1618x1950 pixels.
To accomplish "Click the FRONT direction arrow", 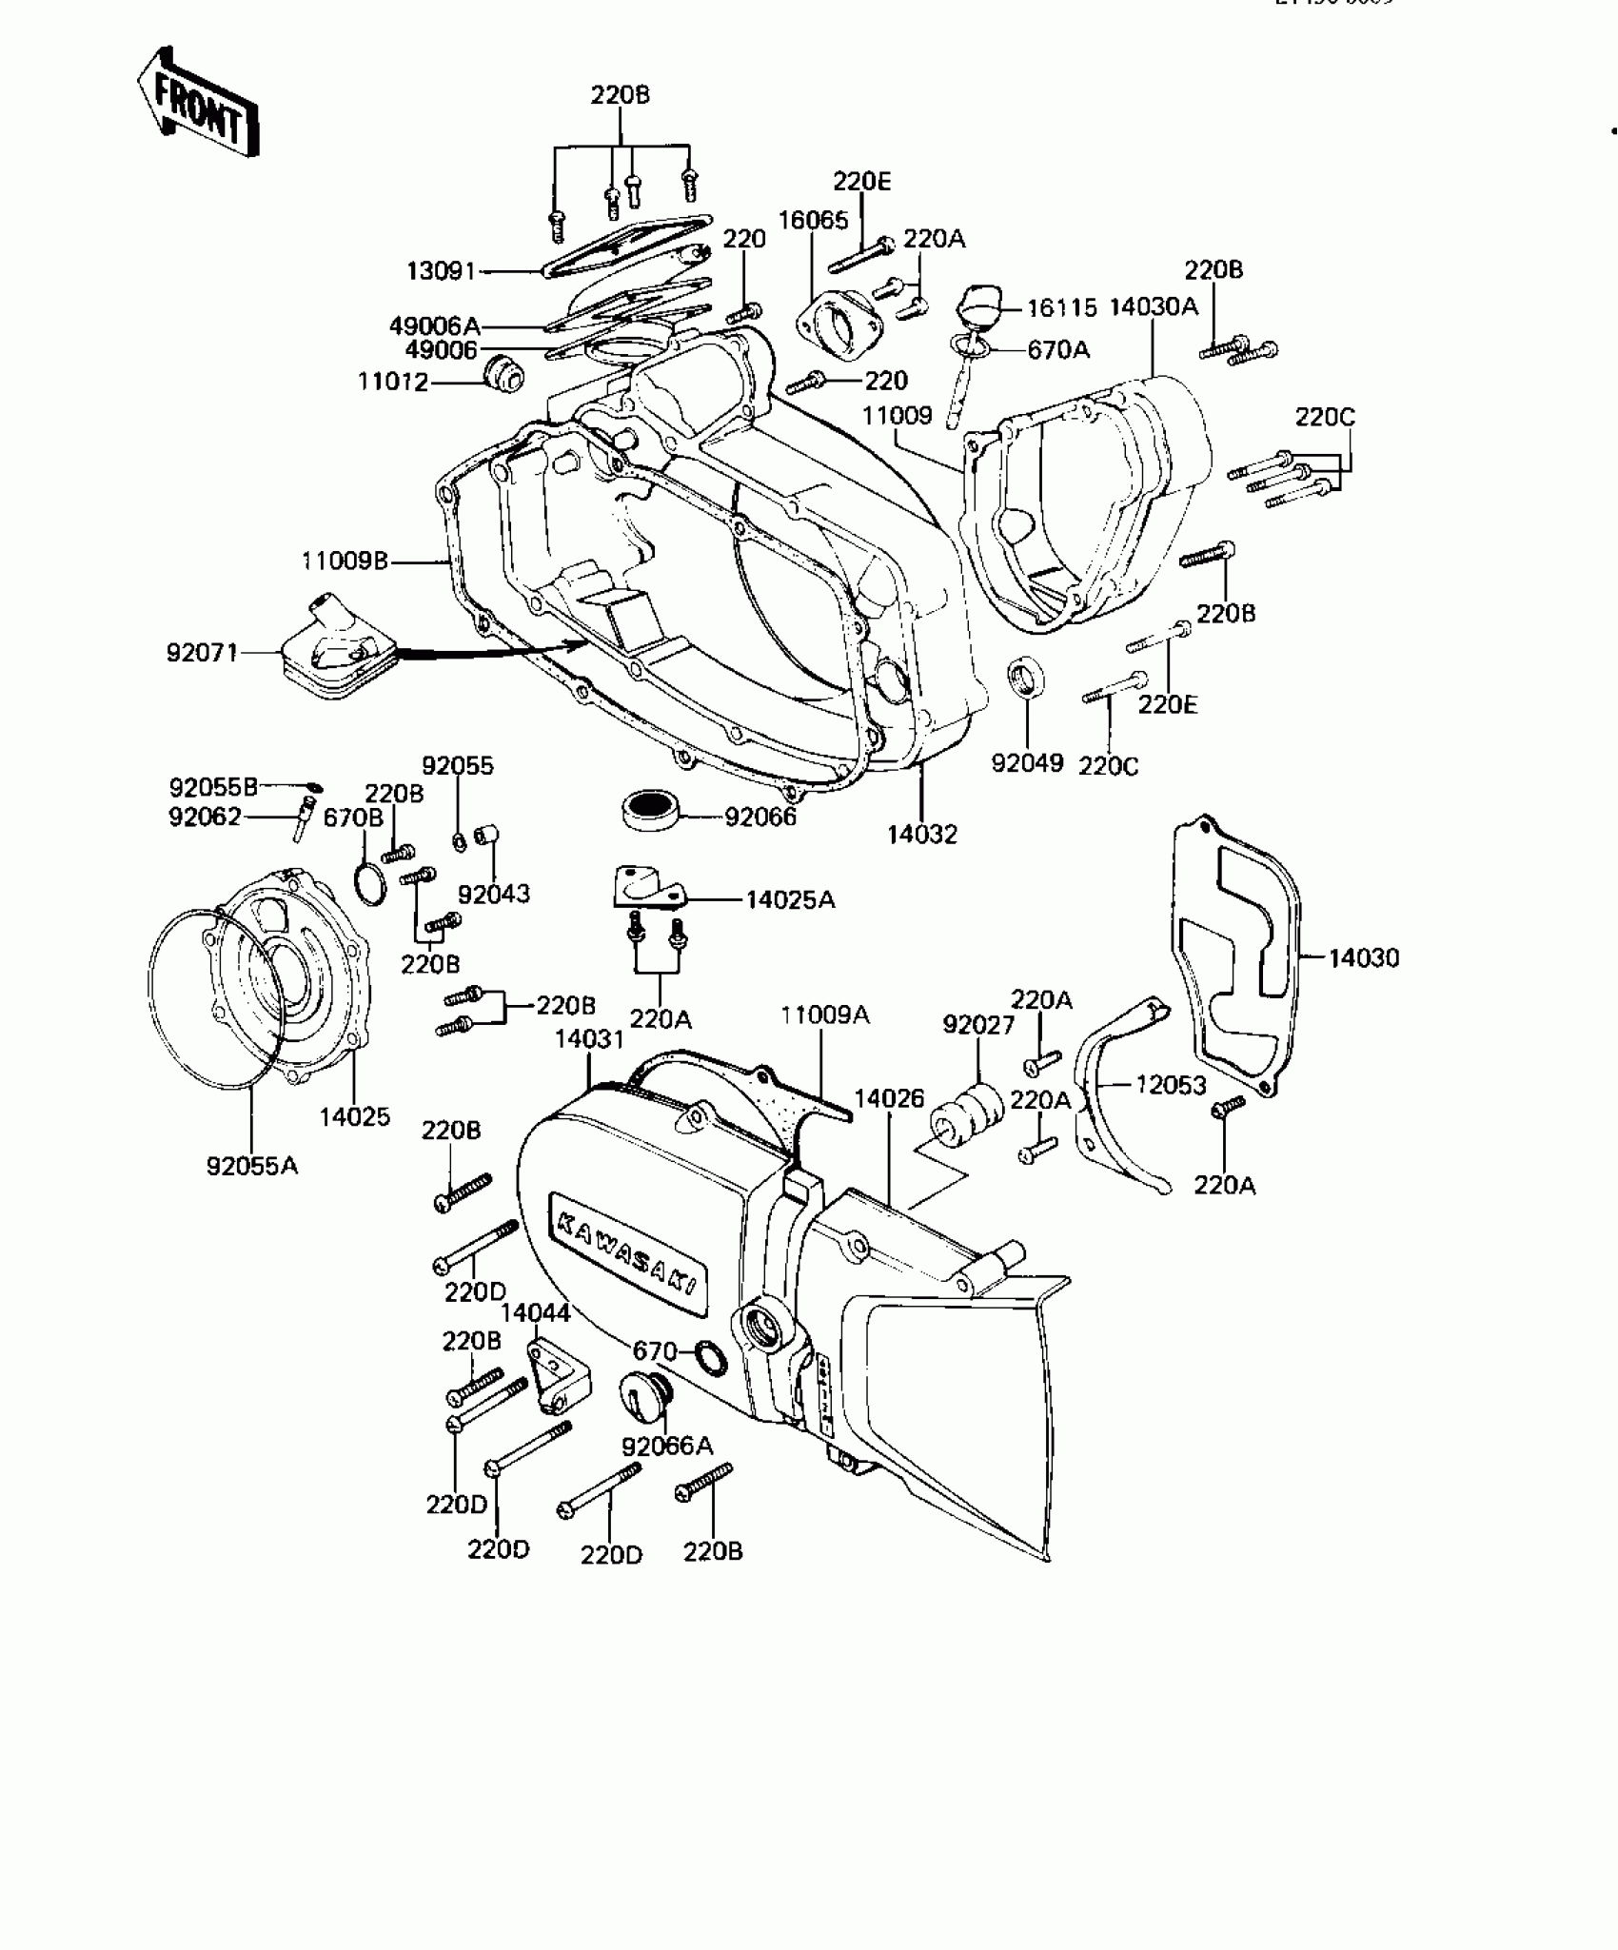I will [x=197, y=106].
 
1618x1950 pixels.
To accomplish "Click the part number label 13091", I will [x=441, y=271].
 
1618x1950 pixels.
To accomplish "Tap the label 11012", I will [x=393, y=382].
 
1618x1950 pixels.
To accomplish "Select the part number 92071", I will [x=202, y=653].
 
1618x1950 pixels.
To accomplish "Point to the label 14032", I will [x=921, y=835].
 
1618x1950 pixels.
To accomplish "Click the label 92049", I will [x=1027, y=763].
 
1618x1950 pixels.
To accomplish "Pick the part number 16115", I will [x=1061, y=308].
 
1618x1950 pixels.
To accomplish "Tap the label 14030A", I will [x=1154, y=306].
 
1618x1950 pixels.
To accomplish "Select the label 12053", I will [x=1171, y=1085].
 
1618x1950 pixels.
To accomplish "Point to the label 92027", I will [x=978, y=1024].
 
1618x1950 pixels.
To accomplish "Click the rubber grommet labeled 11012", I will [x=503, y=374].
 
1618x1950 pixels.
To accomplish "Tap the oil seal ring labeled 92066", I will [x=648, y=810].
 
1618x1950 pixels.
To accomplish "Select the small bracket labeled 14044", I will [x=558, y=1374].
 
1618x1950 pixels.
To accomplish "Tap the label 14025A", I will [x=790, y=899].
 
